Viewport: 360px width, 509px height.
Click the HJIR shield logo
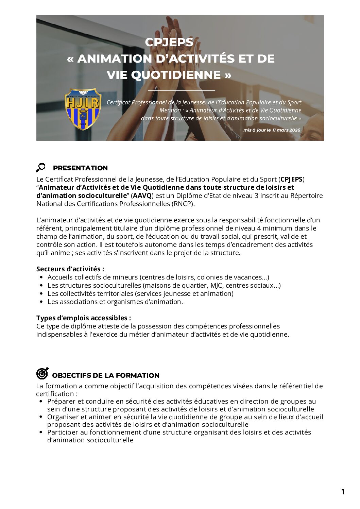[83, 109]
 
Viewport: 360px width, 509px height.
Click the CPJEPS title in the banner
[169, 42]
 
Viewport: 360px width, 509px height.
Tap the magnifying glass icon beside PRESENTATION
[41, 167]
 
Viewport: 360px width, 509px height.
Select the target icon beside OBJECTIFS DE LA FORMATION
[42, 373]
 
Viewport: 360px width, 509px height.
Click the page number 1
[343, 492]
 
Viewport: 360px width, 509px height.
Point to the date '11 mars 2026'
[286, 130]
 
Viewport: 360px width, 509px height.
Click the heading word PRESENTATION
[80, 168]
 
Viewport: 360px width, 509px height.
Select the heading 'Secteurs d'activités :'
[70, 269]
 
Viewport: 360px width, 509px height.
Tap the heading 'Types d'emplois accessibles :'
[84, 318]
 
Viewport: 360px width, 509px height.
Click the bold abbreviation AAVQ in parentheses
[142, 196]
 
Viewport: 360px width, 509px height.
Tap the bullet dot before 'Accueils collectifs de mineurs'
[41, 277]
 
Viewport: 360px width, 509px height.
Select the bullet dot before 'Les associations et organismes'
[41, 302]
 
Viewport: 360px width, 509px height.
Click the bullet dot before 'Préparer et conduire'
[41, 402]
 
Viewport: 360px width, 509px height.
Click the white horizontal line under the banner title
[182, 91]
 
